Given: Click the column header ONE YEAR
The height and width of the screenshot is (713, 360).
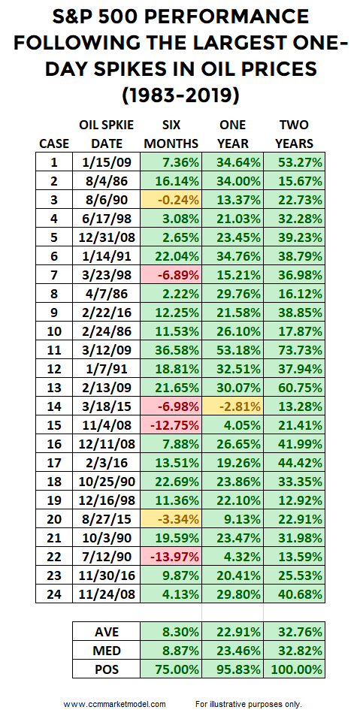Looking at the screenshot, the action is [232, 134].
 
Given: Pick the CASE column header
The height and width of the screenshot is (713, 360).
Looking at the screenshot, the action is [53, 144].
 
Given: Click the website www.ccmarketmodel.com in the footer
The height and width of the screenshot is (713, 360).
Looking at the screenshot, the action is [114, 704].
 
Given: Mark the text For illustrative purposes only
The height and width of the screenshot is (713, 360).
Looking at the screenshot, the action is [249, 704].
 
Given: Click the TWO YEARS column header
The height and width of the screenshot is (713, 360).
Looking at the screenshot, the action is [294, 134].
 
